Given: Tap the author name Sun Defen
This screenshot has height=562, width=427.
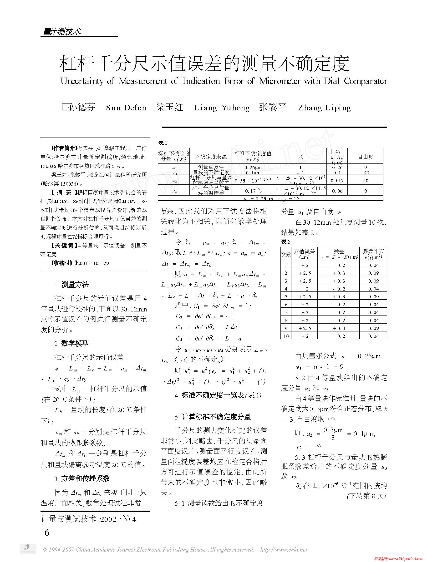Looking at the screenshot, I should [126, 108].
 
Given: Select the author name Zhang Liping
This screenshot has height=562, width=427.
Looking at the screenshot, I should [324, 108].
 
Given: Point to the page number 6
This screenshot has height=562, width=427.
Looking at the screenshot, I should [47, 532].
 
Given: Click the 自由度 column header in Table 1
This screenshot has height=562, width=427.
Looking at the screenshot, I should [366, 157].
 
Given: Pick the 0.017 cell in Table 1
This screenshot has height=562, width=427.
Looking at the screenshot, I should [337, 181].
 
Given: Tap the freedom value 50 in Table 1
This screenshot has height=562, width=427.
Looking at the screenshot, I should [366, 181].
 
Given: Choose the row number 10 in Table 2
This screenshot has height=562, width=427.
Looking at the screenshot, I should [286, 336].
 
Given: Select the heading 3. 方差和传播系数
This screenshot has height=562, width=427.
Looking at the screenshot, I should [82, 479].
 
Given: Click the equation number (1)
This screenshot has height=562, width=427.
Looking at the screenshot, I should [261, 382].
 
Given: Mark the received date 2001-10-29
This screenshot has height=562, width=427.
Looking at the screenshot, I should [93, 263].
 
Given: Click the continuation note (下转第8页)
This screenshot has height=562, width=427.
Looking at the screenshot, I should [366, 496].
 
